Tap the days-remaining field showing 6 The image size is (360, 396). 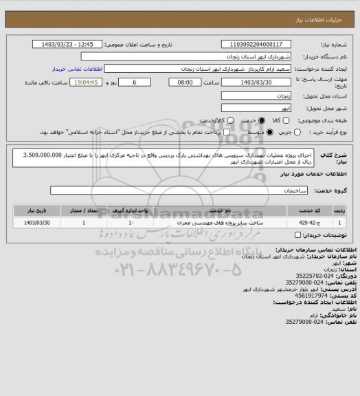click(142, 82)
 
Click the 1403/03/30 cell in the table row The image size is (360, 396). click(38, 223)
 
